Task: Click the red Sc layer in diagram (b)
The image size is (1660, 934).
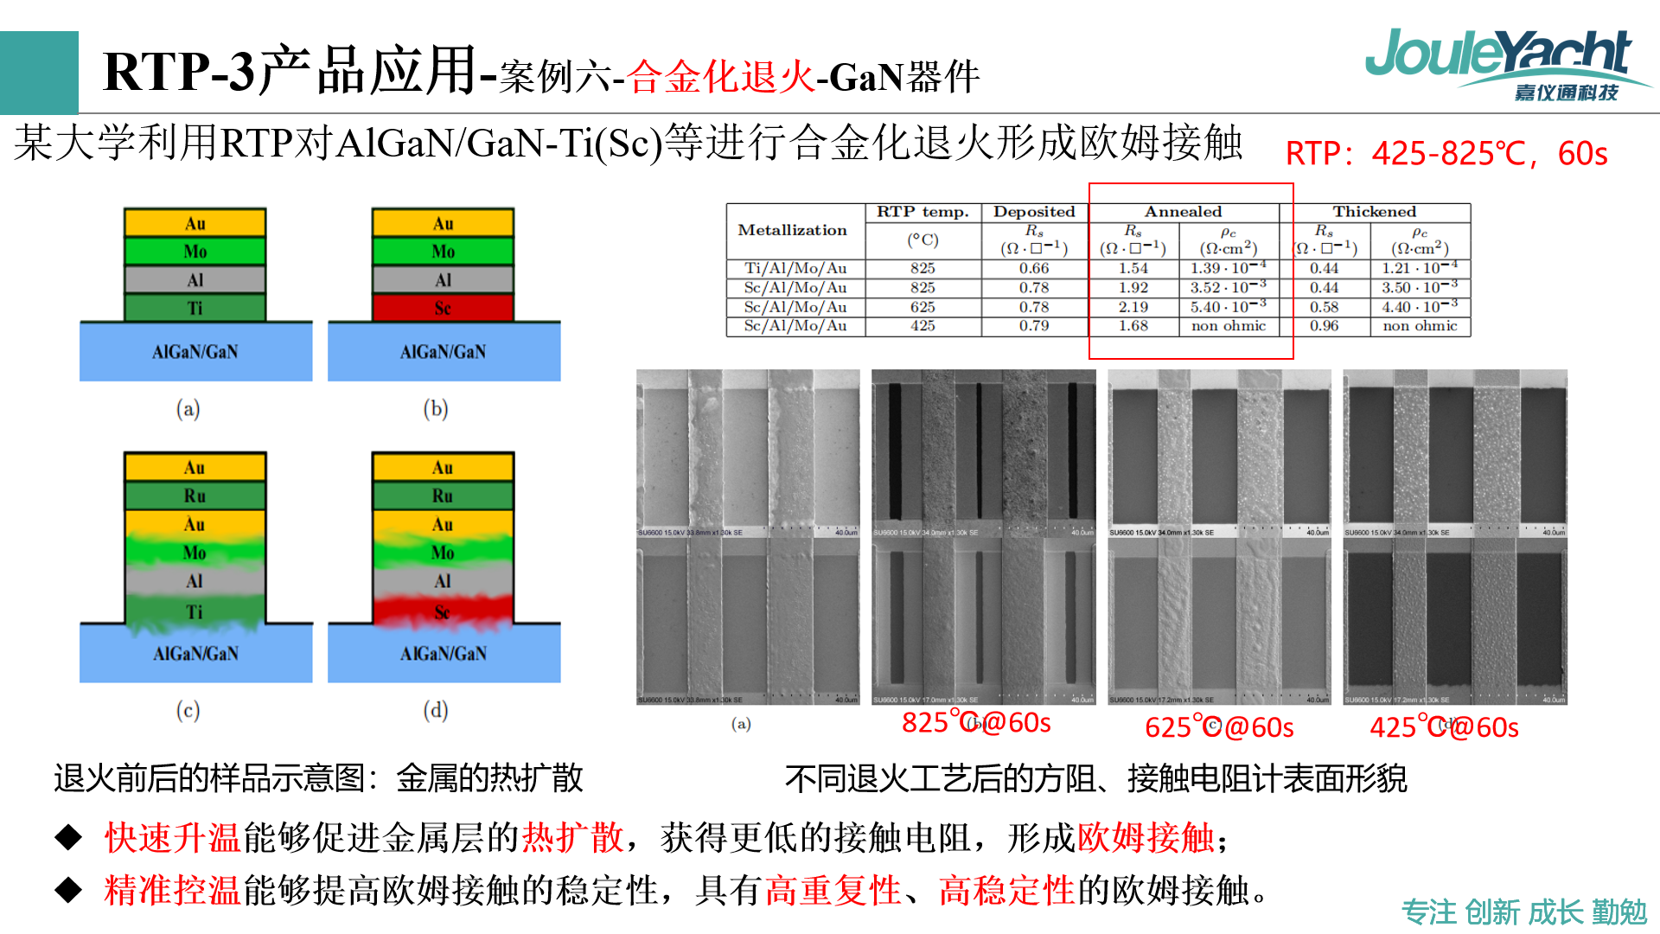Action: click(x=443, y=308)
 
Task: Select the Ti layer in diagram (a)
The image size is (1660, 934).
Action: click(x=195, y=308)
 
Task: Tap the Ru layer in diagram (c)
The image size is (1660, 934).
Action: click(x=195, y=496)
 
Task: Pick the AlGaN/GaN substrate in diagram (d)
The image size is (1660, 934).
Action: click(x=444, y=654)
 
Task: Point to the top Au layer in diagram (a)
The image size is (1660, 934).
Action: click(x=195, y=223)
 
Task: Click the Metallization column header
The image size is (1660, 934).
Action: click(x=793, y=230)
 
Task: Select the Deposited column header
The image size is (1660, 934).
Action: click(x=1034, y=212)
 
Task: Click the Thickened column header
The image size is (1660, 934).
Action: click(x=1374, y=212)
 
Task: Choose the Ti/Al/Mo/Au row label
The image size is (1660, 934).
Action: click(x=795, y=268)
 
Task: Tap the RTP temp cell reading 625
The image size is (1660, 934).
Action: click(x=923, y=307)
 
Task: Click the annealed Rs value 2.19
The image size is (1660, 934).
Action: click(x=1133, y=307)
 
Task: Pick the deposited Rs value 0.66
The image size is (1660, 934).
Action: click(x=1034, y=268)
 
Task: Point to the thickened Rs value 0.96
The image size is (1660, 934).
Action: click(x=1324, y=326)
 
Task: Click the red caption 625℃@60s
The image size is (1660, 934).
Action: click(x=1219, y=727)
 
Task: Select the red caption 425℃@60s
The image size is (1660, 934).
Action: click(x=1444, y=727)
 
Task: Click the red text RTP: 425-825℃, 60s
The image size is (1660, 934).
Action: click(x=1446, y=154)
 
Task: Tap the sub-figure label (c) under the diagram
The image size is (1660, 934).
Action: click(x=188, y=710)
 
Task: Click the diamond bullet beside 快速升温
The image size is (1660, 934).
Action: click(x=68, y=837)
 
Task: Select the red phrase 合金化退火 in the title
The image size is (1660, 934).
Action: click(x=721, y=77)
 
